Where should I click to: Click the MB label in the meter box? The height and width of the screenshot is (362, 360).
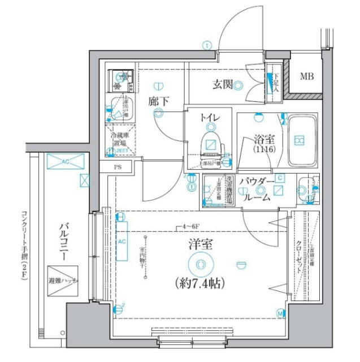(307, 76)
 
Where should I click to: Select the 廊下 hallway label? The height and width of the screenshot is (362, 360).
(159, 102)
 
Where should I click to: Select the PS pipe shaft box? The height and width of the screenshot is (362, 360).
(118, 167)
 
